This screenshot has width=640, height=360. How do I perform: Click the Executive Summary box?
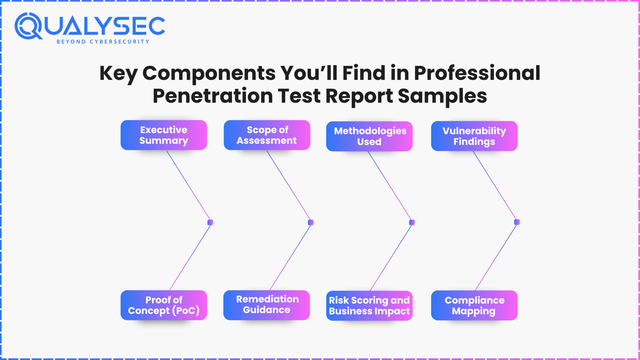click(164, 135)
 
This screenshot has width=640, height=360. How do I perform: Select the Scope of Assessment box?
click(267, 135)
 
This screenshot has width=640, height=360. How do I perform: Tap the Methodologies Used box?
click(369, 136)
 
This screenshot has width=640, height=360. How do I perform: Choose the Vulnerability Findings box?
click(474, 136)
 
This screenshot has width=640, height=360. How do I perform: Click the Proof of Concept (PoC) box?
click(164, 305)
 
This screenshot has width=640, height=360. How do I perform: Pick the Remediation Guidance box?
click(267, 305)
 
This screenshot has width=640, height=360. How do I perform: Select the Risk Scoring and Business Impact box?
click(369, 306)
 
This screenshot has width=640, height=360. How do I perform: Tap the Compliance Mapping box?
click(474, 305)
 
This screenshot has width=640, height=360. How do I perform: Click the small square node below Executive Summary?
click(210, 222)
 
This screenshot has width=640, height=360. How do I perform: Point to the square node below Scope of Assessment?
click(311, 222)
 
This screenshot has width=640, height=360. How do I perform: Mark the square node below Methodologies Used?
click(412, 222)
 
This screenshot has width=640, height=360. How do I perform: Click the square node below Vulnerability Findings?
click(517, 222)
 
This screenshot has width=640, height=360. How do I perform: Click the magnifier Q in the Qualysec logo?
click(28, 26)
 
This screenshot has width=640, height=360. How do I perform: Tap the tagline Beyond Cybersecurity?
click(103, 42)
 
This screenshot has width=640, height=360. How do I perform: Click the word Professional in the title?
click(477, 73)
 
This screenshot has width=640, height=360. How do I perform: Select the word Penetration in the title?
click(212, 96)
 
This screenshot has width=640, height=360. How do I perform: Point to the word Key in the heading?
click(118, 73)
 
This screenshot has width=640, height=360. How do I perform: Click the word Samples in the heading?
click(442, 96)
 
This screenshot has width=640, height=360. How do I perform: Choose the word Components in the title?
click(209, 73)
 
